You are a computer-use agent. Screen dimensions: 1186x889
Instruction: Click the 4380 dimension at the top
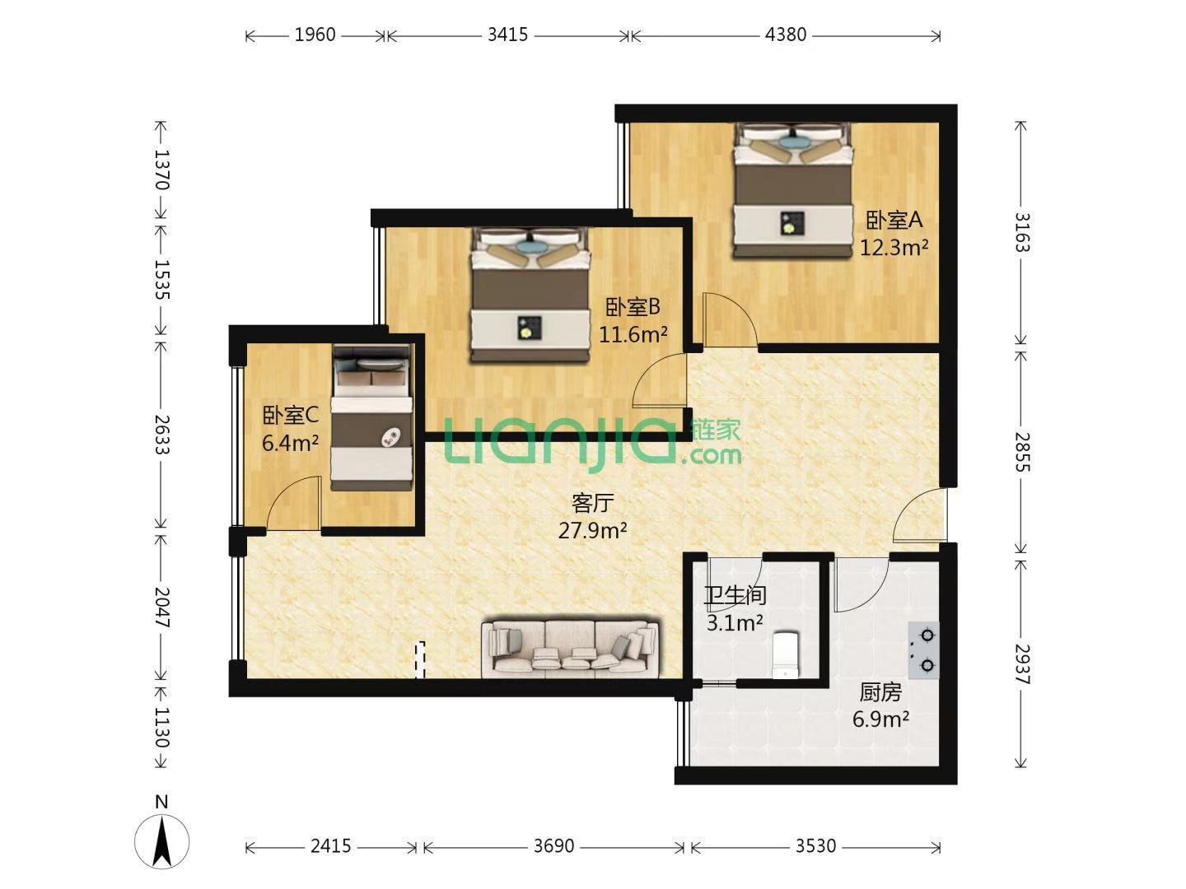click(x=785, y=35)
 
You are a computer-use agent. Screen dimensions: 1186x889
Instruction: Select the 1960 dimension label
click(x=315, y=35)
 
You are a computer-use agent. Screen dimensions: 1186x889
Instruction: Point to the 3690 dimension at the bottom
click(x=553, y=846)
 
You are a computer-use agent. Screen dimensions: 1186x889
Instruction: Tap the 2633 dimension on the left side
click(x=161, y=435)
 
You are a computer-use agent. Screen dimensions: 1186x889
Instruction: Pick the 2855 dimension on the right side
click(x=1022, y=452)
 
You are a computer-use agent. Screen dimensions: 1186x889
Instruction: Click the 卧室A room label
click(x=894, y=220)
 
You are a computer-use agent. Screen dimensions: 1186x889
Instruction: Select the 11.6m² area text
click(x=633, y=335)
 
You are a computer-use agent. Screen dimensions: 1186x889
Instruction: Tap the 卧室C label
click(x=290, y=415)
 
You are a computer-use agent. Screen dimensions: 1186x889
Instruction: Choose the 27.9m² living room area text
click(x=592, y=531)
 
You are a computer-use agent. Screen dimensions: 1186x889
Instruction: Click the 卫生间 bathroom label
click(x=735, y=595)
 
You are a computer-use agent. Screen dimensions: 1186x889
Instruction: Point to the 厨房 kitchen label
click(x=880, y=692)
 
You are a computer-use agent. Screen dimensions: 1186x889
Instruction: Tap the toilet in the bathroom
click(x=786, y=654)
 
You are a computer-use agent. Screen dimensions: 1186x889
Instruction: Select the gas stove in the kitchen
click(x=923, y=650)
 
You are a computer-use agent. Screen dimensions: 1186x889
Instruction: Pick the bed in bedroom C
click(x=371, y=417)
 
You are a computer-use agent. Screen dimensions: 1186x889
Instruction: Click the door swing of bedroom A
click(x=730, y=319)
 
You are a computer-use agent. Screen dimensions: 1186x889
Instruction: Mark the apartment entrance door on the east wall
click(x=919, y=515)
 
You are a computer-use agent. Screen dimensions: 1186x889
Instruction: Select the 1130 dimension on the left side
click(x=161, y=727)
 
